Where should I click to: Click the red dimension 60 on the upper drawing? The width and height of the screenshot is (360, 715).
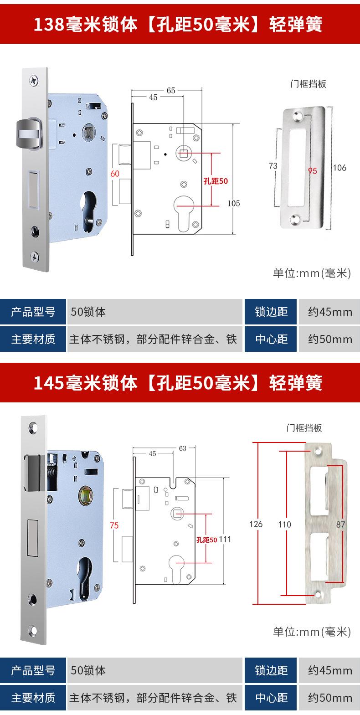point(115,174)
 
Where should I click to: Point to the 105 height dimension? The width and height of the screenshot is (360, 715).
point(234,203)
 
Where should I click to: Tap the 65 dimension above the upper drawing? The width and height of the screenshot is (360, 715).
point(170,90)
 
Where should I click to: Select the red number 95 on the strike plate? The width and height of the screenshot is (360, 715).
point(312,171)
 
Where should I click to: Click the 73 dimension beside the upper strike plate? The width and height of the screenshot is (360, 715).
point(273,166)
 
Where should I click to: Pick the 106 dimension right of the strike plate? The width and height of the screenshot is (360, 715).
point(339,168)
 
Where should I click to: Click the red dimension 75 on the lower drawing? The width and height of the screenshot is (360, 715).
point(114,525)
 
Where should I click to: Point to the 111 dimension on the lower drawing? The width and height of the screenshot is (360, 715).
point(225,539)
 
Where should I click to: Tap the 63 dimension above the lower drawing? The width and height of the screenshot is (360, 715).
point(182,448)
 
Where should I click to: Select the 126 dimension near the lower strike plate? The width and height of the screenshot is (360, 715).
point(256,524)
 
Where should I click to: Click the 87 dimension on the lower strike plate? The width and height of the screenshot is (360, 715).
point(340,525)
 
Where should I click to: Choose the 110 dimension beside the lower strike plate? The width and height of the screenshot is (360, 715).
point(284,525)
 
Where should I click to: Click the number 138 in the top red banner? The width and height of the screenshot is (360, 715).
point(48,25)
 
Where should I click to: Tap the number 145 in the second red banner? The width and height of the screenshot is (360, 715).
point(48,383)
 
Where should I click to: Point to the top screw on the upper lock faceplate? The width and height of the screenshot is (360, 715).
point(35,80)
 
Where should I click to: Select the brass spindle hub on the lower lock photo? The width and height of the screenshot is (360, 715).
point(85,495)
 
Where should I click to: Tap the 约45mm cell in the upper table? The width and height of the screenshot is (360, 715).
point(329,312)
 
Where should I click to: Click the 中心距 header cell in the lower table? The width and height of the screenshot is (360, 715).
point(271,698)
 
